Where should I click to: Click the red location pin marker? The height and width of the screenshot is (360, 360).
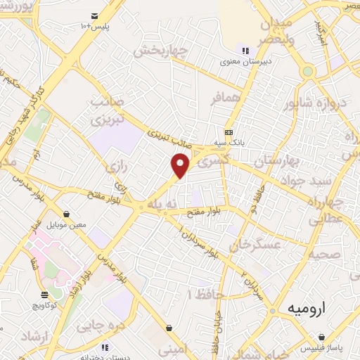(181, 165)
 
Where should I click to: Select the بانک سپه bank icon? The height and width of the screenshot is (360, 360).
(229, 132)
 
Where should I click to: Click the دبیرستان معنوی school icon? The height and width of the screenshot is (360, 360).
(245, 51)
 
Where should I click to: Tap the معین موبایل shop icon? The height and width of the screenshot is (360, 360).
(66, 214)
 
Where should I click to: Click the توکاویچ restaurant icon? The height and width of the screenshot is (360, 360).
(45, 295)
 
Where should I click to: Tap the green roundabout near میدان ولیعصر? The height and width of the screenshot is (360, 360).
(307, 71)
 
